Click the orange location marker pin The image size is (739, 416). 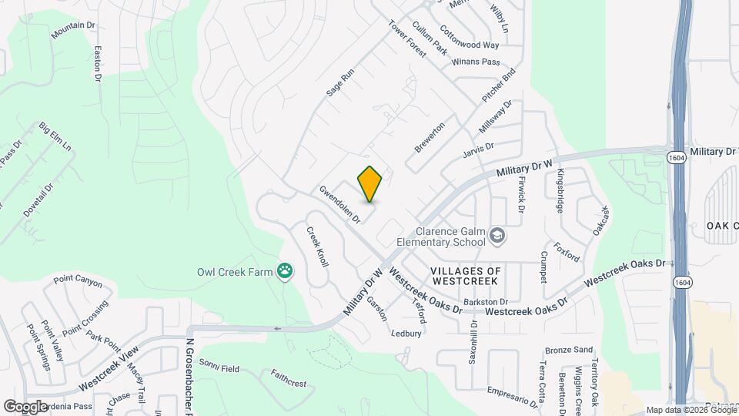click(370, 184)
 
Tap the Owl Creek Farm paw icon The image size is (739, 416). click(286, 270)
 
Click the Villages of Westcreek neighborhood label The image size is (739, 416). click(466, 277)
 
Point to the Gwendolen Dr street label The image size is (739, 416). click(340, 204)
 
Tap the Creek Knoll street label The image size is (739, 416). click(317, 247)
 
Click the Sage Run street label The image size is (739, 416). click(339, 82)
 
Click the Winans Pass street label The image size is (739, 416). click(477, 62)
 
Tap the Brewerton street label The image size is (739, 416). click(430, 136)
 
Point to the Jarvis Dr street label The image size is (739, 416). click(478, 149)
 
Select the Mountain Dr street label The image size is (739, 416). click(73, 31)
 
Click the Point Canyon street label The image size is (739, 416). click(78, 283)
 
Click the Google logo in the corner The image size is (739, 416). click(25, 406)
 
